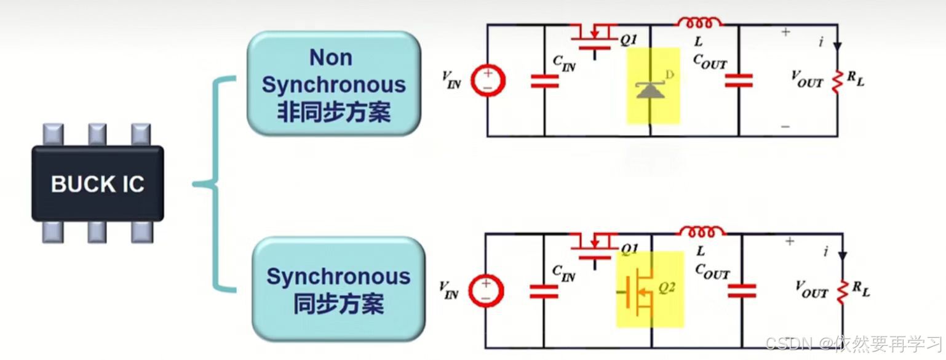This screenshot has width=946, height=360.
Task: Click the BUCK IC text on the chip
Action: (97, 183)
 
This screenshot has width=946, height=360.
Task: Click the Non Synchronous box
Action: (334, 84)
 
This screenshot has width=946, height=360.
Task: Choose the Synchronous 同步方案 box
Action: (338, 289)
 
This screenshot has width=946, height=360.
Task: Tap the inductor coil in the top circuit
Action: (699, 23)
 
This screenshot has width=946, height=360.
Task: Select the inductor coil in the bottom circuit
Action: (702, 232)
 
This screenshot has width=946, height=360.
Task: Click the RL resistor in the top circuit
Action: (837, 80)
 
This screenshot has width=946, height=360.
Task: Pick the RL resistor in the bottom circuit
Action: (842, 291)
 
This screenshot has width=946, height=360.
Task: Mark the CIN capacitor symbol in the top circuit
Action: (544, 81)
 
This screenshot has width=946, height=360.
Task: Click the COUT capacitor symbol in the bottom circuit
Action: (742, 290)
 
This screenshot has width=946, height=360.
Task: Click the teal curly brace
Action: (215, 183)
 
